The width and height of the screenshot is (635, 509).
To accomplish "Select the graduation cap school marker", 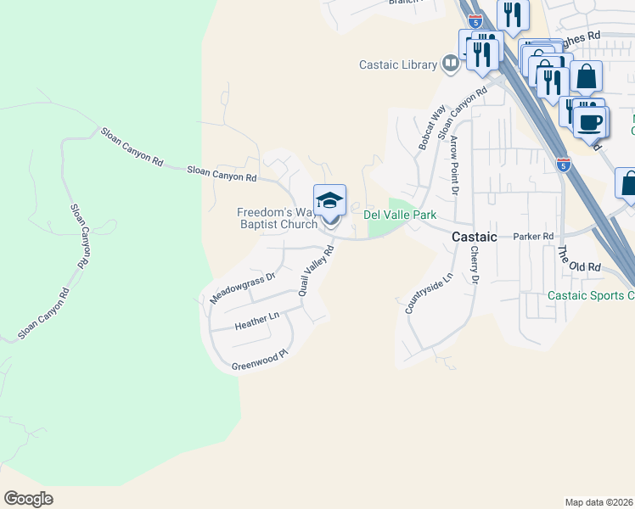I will tap(329, 202).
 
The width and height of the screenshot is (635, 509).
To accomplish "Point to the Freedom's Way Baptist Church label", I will tap(278, 218).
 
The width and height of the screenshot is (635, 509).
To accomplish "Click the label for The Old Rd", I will tap(578, 260).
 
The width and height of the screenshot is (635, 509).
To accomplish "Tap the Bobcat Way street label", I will tap(431, 128).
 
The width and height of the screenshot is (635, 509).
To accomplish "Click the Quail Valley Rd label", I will tap(314, 266).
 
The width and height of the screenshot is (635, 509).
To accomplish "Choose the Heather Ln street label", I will tap(256, 320).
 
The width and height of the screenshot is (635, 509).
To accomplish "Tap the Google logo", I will tap(28, 499).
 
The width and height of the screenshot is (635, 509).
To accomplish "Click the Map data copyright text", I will tap(599, 502).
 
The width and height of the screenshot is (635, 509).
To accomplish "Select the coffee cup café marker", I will tap(588, 120).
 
